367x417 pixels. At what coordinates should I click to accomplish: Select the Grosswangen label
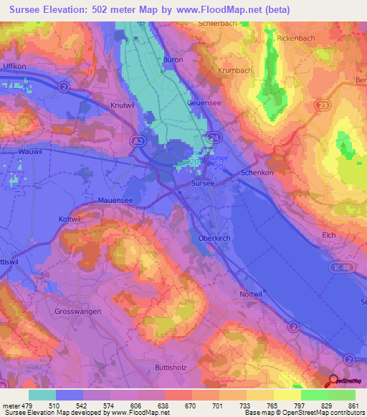pyautogui.click(x=78, y=312)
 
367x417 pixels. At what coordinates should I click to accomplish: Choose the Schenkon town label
pyautogui.click(x=258, y=173)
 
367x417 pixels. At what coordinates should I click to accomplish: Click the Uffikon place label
pyautogui.click(x=15, y=66)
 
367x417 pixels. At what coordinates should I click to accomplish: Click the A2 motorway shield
pyautogui.click(x=137, y=143)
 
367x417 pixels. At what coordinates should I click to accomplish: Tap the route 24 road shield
pyautogui.click(x=215, y=135)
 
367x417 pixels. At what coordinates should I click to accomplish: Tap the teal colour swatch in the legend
pyautogui.click(x=42, y=395)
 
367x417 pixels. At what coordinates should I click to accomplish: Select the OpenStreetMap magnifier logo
pyautogui.click(x=334, y=382)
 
